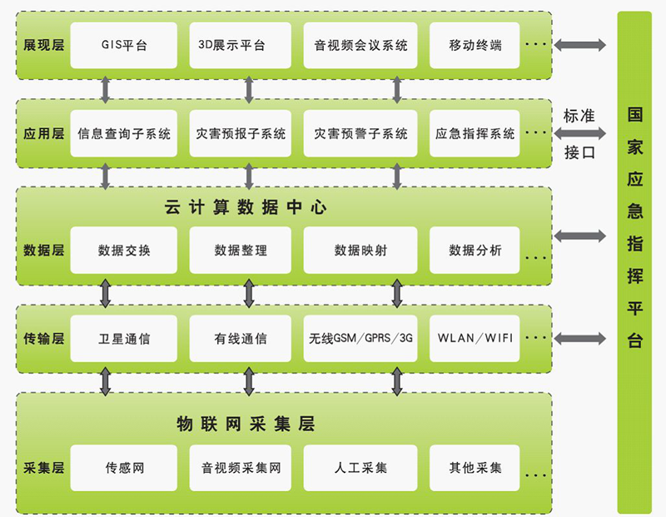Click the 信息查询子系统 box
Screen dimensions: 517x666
point(124,133)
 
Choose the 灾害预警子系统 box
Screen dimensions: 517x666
point(360,133)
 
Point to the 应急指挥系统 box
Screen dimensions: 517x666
point(475,133)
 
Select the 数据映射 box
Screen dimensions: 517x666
point(360,250)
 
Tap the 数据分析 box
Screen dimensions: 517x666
point(475,250)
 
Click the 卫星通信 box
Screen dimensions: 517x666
point(124,338)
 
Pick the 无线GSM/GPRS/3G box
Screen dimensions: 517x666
point(360,338)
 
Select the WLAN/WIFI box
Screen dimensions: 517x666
point(475,338)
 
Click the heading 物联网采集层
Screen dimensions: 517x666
point(246,424)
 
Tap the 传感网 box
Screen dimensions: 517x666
point(124,468)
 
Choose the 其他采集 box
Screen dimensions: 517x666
point(475,468)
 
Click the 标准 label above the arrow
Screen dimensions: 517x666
point(579,116)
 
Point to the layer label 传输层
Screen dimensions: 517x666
point(43,338)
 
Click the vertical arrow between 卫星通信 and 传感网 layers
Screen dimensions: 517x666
point(106,380)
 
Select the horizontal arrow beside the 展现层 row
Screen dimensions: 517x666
point(581,45)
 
